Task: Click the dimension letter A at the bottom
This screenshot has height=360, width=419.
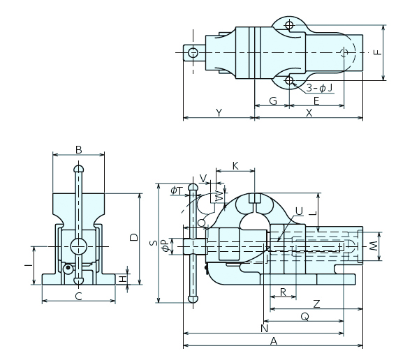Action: [x=274, y=341]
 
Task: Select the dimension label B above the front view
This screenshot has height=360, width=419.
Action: [x=78, y=150]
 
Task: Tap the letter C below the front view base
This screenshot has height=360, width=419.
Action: [x=78, y=297]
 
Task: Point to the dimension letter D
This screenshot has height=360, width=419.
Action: [x=133, y=237]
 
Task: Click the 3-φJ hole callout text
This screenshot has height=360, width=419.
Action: [x=319, y=88]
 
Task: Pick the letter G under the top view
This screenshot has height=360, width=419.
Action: [x=273, y=101]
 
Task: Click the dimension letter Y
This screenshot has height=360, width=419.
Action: [x=219, y=113]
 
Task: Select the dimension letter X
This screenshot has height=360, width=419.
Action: [x=309, y=113]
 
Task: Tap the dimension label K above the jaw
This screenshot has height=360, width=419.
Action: [x=235, y=166]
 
